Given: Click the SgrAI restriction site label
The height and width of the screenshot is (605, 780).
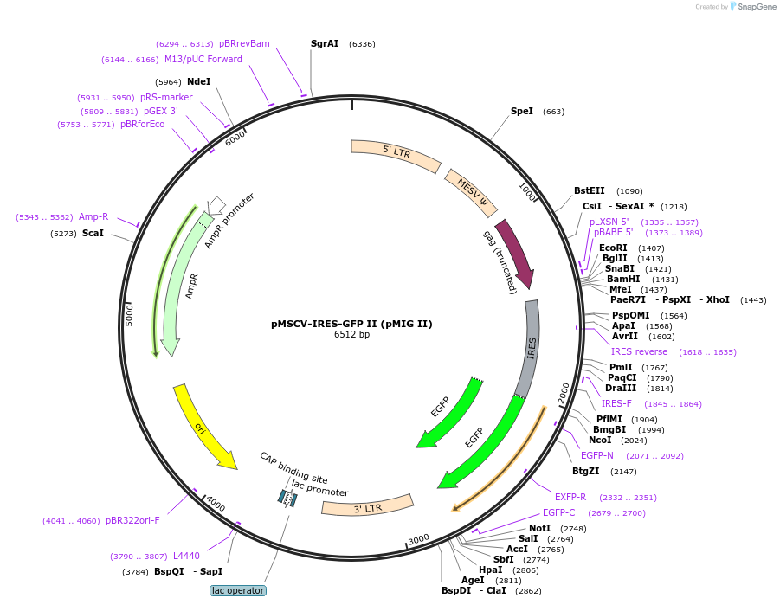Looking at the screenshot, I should coord(325,43).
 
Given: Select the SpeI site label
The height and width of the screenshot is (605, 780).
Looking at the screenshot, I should coord(521,111).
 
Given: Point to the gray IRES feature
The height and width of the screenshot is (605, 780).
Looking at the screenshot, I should coord(530,347).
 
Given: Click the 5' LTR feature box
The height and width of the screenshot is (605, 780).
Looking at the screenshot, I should coord(396,153).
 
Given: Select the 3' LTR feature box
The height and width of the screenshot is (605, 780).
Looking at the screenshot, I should coord(367,505).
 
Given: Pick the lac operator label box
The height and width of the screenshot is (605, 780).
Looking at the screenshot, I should coord(237,590).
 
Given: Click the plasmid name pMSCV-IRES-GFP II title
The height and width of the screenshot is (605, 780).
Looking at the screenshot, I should coord(351,324).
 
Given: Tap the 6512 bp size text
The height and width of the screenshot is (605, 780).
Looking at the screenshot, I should coord(351,335).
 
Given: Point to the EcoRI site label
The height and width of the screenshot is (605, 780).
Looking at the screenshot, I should coord(613,248).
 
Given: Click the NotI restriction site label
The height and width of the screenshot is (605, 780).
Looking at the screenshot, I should coord(539,528).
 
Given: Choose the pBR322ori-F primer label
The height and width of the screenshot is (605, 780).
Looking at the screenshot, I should coord(132,520).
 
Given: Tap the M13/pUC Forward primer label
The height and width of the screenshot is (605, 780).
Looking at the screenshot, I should coord(203,59).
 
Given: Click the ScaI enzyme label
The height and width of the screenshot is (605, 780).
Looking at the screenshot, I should coord(93,233).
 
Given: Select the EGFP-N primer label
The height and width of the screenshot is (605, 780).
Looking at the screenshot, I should coord(597,455).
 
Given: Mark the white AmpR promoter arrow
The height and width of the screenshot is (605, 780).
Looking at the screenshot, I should coord(216,204).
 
